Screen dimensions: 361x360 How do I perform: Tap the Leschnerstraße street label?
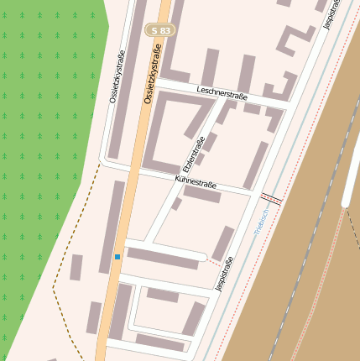(x=222, y=96)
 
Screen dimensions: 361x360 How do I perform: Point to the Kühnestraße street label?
(x=196, y=182)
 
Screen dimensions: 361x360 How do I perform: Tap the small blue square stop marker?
(x=117, y=256)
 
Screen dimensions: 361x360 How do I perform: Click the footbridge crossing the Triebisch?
(x=270, y=198)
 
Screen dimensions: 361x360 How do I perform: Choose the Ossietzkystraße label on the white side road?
(x=116, y=80)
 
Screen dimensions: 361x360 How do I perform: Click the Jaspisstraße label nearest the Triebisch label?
(x=222, y=273)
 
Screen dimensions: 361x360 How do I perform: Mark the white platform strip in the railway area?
(x=352, y=168)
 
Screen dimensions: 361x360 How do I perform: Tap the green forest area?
(x=42, y=126)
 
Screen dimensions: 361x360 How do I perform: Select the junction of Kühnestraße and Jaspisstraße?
(x=252, y=195)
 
